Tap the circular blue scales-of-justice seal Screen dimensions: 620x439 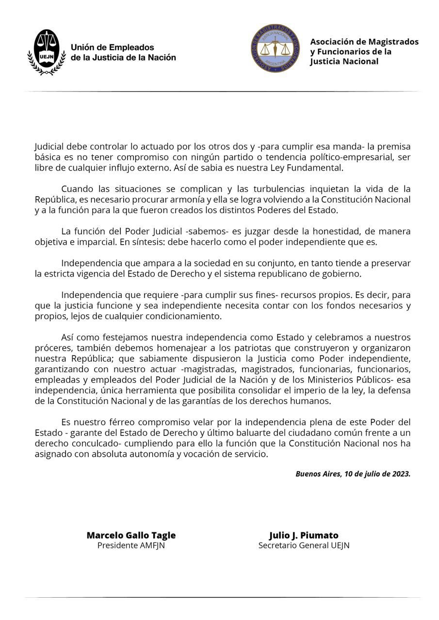point(275,48)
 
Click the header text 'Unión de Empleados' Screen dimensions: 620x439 point(112,47)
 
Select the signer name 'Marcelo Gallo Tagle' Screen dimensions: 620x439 point(131,535)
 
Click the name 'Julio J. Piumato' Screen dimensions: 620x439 point(304,535)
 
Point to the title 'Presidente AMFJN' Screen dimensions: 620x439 point(131,545)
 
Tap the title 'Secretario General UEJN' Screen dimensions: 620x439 point(304,545)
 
